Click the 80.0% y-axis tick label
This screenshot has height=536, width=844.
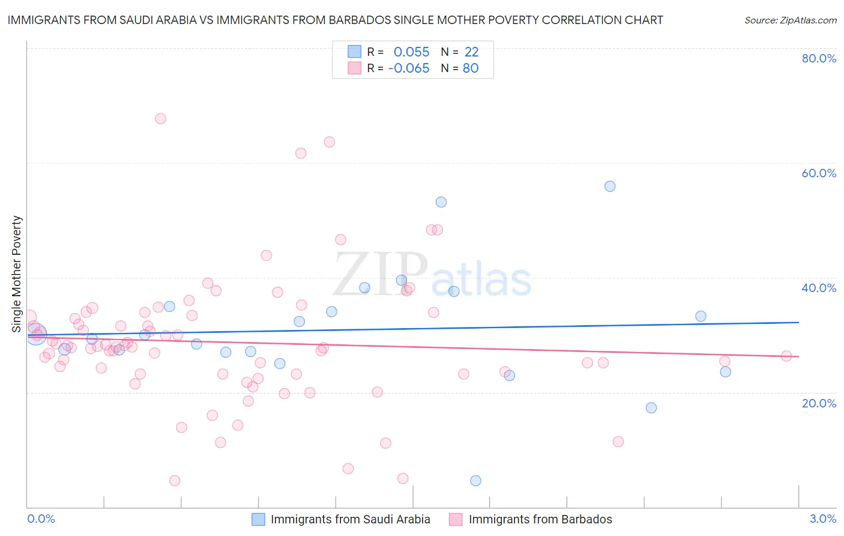click(x=819, y=58)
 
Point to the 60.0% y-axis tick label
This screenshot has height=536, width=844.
click(x=819, y=173)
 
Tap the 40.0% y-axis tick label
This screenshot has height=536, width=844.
click(x=819, y=288)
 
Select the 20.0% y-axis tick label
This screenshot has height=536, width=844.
click(x=819, y=403)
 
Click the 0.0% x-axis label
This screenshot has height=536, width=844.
click(x=41, y=519)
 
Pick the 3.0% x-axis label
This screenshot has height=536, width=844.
click(x=823, y=519)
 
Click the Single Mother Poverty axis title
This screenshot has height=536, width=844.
click(x=17, y=274)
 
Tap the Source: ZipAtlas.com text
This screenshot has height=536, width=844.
click(x=790, y=20)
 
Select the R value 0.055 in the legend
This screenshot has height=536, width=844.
click(x=411, y=52)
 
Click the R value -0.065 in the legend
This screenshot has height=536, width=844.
click(x=409, y=69)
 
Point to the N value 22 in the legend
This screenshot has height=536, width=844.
click(x=471, y=52)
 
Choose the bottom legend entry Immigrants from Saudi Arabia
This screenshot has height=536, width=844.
click(x=350, y=519)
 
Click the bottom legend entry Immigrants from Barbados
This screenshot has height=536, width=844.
click(x=540, y=519)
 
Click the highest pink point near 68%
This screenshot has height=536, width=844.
click(x=160, y=118)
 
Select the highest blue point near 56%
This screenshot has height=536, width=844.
click(x=610, y=186)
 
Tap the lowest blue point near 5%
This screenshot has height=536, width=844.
click(x=475, y=481)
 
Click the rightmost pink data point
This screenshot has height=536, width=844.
click(x=786, y=356)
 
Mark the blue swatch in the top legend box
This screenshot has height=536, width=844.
click(x=355, y=52)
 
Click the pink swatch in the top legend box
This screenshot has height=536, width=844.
click(x=355, y=68)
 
